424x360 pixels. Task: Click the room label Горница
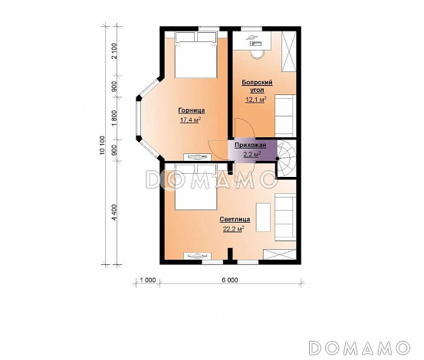coord(192,110)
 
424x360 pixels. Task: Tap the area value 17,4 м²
coord(190,120)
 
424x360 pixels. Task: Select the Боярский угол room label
coord(257,86)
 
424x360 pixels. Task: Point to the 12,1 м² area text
coord(256,100)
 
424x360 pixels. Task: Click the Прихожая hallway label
coord(251,146)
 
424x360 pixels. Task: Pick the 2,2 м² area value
coord(252,154)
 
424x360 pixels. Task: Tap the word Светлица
coord(235,219)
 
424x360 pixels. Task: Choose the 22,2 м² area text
coord(233,229)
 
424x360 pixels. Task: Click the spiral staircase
coord(286,159)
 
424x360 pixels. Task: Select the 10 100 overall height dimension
coord(103,146)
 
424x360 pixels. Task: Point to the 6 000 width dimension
coord(230,280)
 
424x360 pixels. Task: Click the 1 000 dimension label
coord(148,280)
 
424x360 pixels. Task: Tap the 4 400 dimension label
coord(115,212)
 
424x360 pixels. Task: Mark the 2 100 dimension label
coord(115,51)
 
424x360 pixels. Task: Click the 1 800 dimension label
coord(115,118)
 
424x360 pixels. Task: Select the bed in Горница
coord(196,55)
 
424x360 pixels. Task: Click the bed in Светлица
coord(196,187)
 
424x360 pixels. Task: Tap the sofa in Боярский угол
coord(285,116)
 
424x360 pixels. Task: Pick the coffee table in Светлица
coord(263,217)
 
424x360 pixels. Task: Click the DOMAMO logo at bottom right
coord(360,348)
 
